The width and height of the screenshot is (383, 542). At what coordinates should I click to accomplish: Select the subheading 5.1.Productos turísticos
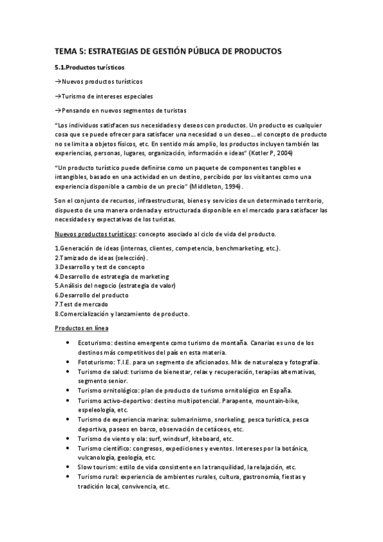90,66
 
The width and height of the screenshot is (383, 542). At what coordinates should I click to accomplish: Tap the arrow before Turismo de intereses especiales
58,96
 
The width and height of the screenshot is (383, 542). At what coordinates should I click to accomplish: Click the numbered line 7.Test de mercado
81,304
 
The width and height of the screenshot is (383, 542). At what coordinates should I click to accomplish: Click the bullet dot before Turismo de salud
69,371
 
